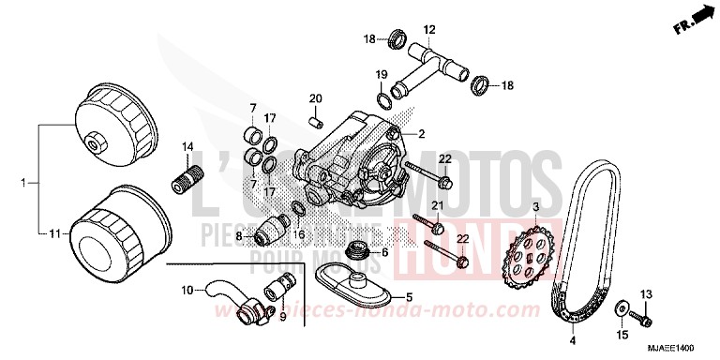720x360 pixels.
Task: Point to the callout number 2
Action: point(422,133)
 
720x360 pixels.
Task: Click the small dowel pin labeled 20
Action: point(316,120)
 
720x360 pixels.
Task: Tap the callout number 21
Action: point(437,204)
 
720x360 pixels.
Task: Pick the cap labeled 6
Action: point(356,251)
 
